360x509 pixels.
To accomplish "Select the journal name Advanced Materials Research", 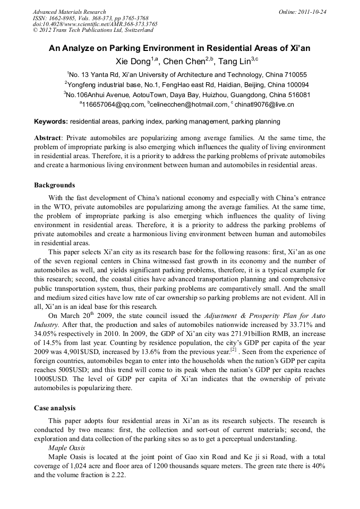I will tap(69, 11).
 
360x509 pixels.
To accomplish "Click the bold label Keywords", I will tap(51, 122).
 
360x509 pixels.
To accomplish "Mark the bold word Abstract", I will tap(48, 137).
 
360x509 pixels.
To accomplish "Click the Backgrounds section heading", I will tap(55, 185).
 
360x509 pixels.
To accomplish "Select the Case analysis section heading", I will tap(55, 408).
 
